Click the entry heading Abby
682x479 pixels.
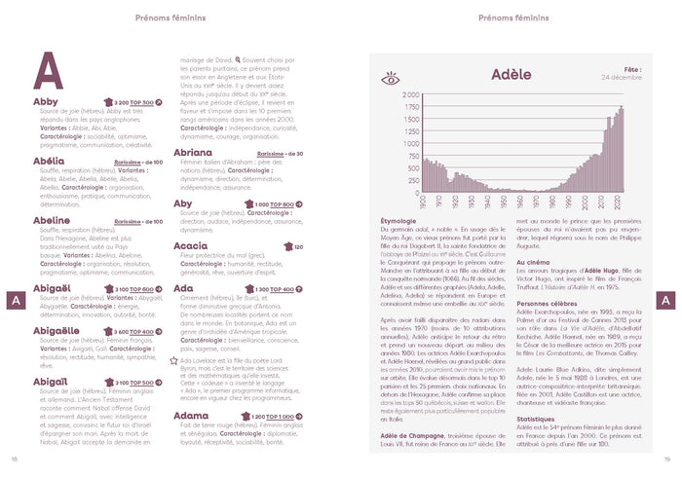tap(46, 101)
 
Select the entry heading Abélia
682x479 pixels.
tap(49, 161)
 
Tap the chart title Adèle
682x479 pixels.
tap(511, 74)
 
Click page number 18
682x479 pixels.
tap(14, 459)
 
